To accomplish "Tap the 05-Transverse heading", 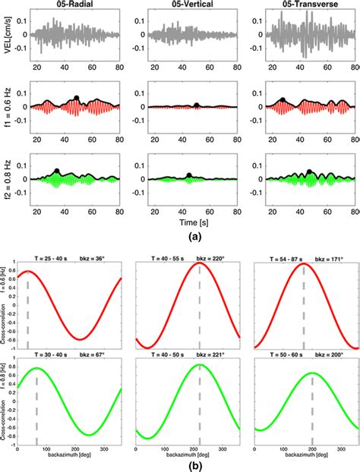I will (x=292, y=5).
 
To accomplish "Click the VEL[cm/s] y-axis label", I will (x=9, y=33).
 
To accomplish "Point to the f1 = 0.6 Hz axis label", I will (x=9, y=107).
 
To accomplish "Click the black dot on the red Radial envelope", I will (x=76, y=98).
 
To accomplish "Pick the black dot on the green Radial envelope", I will (x=57, y=171).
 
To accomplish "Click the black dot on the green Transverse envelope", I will (x=308, y=171).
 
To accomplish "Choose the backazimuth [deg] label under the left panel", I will (x=74, y=451).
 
